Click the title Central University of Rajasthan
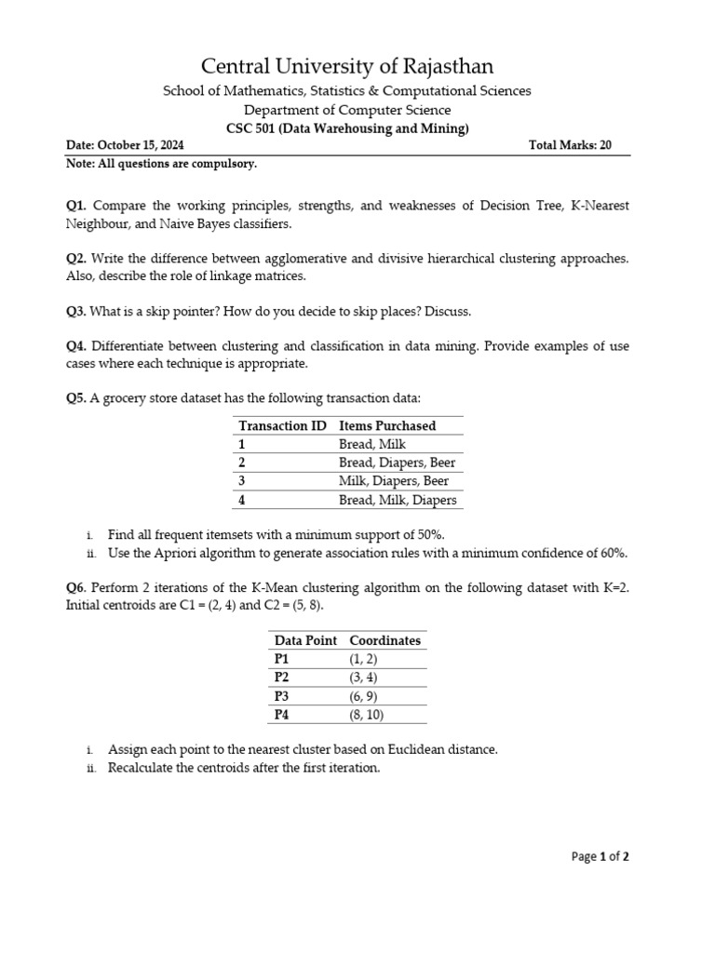click(348, 66)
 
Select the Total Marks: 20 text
click(569, 146)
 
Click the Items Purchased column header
click(387, 425)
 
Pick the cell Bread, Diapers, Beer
click(398, 463)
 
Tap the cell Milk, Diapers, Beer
click(394, 481)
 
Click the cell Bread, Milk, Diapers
click(398, 500)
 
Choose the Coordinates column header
click(384, 640)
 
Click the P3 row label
click(283, 695)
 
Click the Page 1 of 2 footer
click(600, 857)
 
